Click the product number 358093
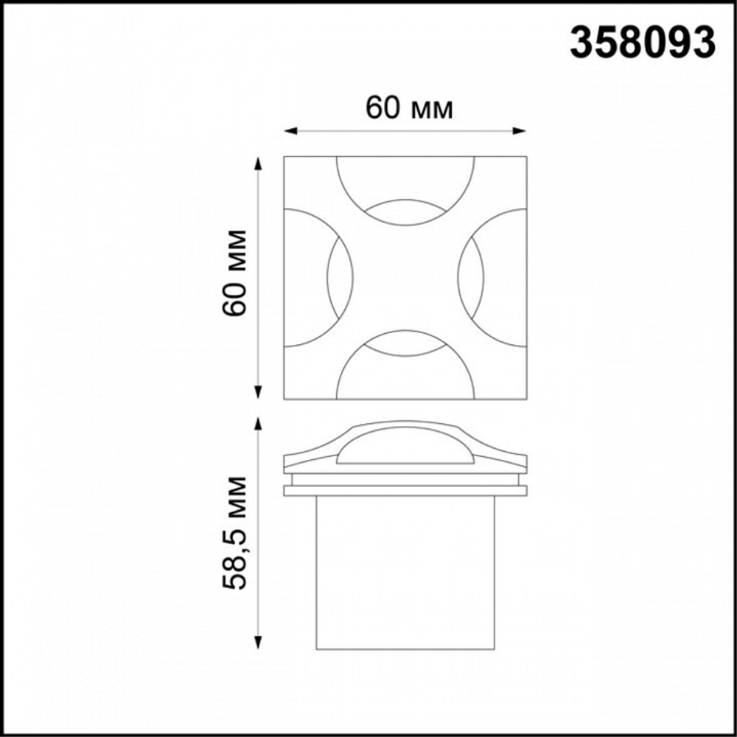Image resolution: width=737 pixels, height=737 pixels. [643, 42]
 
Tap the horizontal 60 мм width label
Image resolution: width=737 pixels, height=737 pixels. [409, 108]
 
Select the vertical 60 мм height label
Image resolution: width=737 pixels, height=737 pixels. [234, 273]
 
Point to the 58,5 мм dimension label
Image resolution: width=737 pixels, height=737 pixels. [234, 533]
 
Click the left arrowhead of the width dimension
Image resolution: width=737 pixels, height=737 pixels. [290, 130]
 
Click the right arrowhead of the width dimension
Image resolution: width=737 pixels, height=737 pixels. [519, 130]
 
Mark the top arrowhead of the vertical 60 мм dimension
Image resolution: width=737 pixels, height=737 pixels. [257, 163]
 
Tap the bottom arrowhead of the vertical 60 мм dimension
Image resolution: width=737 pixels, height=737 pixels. [257, 392]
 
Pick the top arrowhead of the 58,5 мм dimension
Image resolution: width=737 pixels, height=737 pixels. [257, 424]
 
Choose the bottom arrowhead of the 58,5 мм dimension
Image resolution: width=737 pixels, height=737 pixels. [257, 643]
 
